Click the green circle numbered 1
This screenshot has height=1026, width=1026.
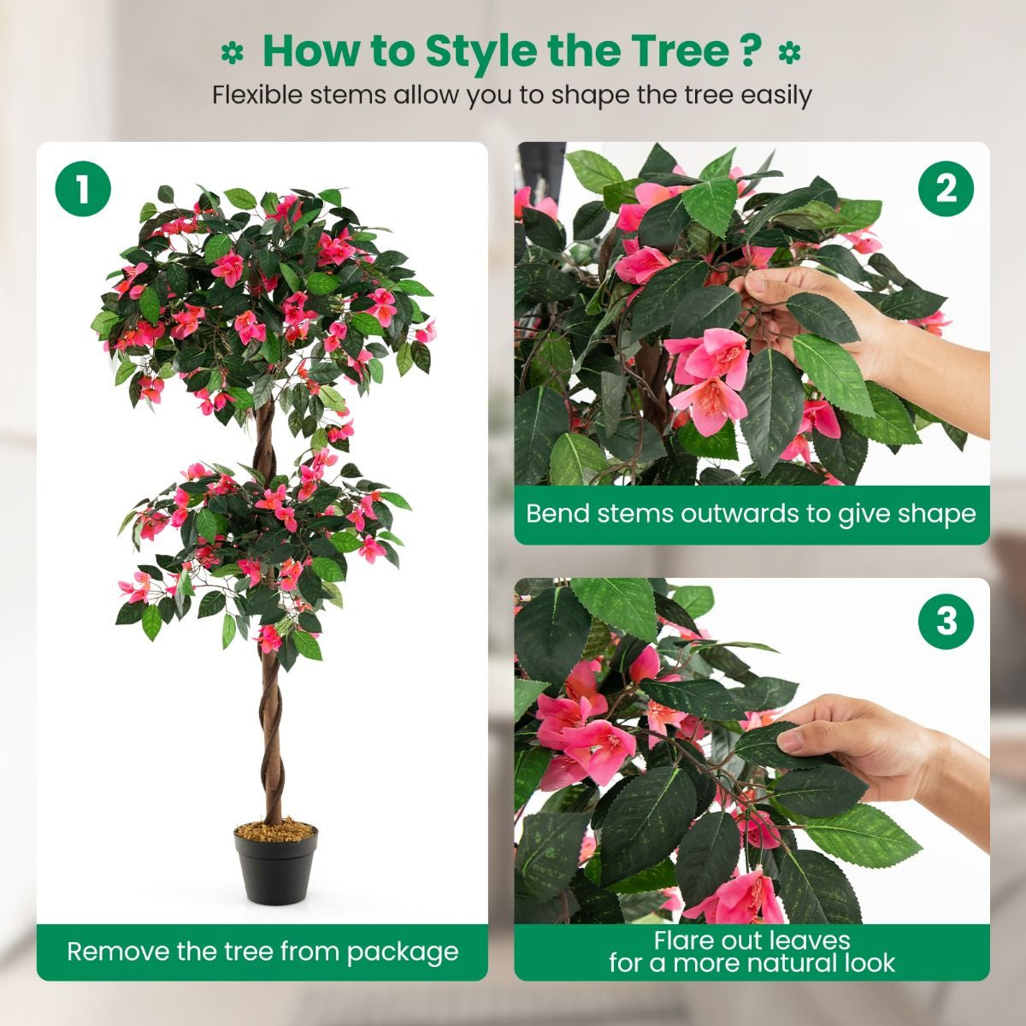[x=83, y=188]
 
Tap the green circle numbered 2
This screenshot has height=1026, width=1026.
[x=946, y=188]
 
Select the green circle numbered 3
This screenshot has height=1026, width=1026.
[x=946, y=622]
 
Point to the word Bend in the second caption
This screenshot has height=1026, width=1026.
[x=556, y=514]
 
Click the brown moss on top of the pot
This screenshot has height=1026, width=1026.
[x=275, y=829]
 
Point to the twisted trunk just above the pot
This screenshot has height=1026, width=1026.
[x=271, y=787]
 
